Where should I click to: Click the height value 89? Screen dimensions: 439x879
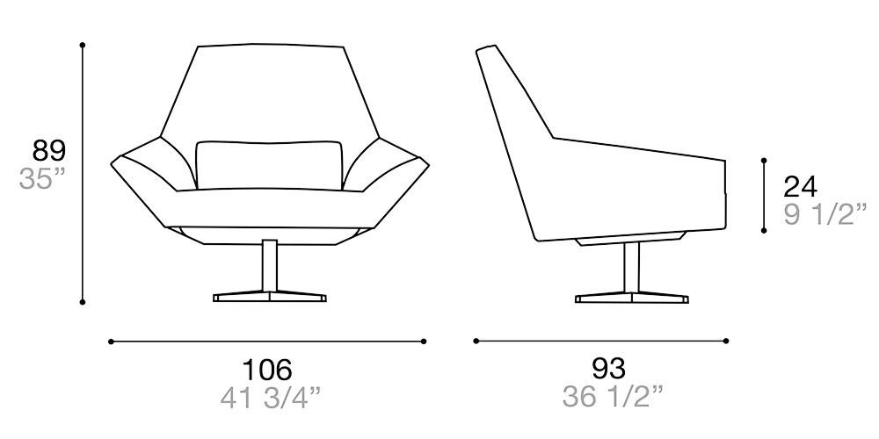[49, 151]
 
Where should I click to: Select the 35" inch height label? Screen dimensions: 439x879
[43, 180]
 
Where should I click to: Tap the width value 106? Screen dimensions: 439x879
[267, 369]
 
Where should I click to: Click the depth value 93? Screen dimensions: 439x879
[607, 369]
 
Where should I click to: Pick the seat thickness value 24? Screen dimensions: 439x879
[800, 186]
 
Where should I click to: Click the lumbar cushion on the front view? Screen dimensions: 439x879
[268, 163]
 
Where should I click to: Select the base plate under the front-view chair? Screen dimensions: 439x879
[270, 297]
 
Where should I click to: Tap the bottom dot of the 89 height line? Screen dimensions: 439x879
[82, 302]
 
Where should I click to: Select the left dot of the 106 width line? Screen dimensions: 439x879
[111, 341]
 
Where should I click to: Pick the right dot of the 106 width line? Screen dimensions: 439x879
[424, 341]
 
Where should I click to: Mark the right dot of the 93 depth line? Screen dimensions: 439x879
[728, 341]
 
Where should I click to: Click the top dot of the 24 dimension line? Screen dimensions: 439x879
[765, 161]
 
